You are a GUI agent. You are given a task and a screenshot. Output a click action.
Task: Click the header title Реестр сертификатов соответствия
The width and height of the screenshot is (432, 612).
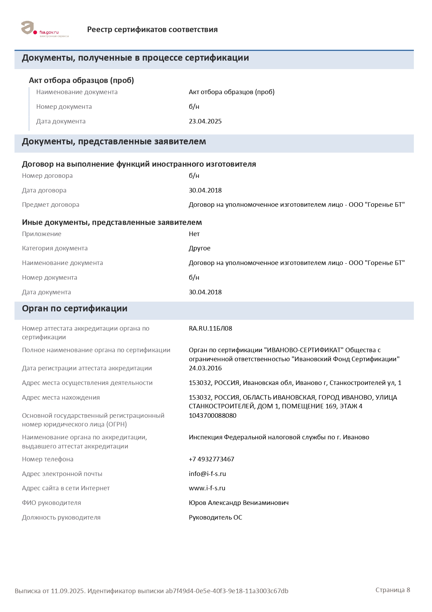tap(152, 30)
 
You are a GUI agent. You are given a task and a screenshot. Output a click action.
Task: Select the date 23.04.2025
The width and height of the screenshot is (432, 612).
tap(205, 121)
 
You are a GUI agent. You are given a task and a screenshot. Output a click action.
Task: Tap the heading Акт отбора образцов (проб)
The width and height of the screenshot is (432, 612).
tap(81, 81)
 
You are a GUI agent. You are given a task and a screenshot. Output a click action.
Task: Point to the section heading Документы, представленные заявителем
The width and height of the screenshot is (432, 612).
tap(114, 142)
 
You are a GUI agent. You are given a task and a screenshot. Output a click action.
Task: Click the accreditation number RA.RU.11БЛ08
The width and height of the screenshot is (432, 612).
tap(210, 328)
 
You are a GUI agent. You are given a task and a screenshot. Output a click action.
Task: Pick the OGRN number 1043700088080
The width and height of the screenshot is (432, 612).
tap(213, 416)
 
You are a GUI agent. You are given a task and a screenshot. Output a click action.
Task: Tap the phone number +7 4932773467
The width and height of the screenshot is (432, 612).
tap(211, 459)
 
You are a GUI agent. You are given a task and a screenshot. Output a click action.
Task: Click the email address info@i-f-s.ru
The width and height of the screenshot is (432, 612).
tap(207, 474)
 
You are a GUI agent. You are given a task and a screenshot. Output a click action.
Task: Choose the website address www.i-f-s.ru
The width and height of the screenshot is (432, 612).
tap(207, 488)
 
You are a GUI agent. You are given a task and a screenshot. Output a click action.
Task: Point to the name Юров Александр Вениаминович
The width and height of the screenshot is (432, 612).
tap(239, 503)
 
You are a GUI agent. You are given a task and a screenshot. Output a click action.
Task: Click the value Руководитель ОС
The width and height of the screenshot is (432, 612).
tap(215, 517)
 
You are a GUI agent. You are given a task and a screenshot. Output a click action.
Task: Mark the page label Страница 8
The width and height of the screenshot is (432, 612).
tap(393, 590)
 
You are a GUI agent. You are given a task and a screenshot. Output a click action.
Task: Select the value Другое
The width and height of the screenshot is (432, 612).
tap(200, 248)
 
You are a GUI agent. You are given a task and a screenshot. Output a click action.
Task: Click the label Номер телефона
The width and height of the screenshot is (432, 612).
tap(48, 459)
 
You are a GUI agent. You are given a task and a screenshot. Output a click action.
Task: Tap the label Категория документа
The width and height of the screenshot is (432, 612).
tap(55, 248)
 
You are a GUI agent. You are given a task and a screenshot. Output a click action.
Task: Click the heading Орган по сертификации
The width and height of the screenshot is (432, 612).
tap(75, 309)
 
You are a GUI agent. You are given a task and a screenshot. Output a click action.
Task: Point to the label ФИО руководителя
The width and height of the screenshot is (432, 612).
tap(52, 503)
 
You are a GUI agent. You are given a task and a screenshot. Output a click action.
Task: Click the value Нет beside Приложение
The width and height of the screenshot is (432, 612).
tap(194, 234)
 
